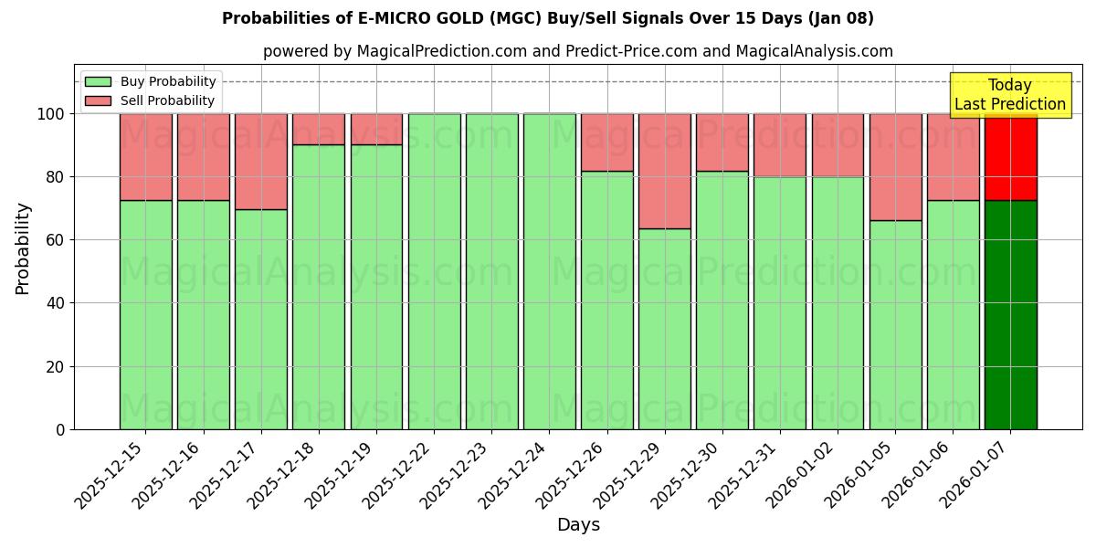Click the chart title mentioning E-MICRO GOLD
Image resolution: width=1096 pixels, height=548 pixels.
547,18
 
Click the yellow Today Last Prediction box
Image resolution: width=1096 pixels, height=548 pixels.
1009,95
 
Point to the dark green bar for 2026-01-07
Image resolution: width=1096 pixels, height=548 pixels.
1010,315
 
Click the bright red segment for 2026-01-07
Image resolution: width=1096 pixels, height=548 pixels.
1010,157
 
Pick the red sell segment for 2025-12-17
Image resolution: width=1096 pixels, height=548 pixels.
260,162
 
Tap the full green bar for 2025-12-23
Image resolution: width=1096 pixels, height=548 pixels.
491,271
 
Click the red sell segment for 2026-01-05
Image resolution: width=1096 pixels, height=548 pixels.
895,167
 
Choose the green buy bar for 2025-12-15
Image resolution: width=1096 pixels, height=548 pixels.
145,315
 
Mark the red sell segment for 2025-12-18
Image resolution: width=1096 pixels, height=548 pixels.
318,129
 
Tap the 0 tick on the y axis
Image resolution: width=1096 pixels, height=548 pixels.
60,429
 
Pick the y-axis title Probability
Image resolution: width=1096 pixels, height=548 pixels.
24,248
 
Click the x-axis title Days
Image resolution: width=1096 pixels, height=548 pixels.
578,525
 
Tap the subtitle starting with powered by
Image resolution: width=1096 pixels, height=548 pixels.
577,51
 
